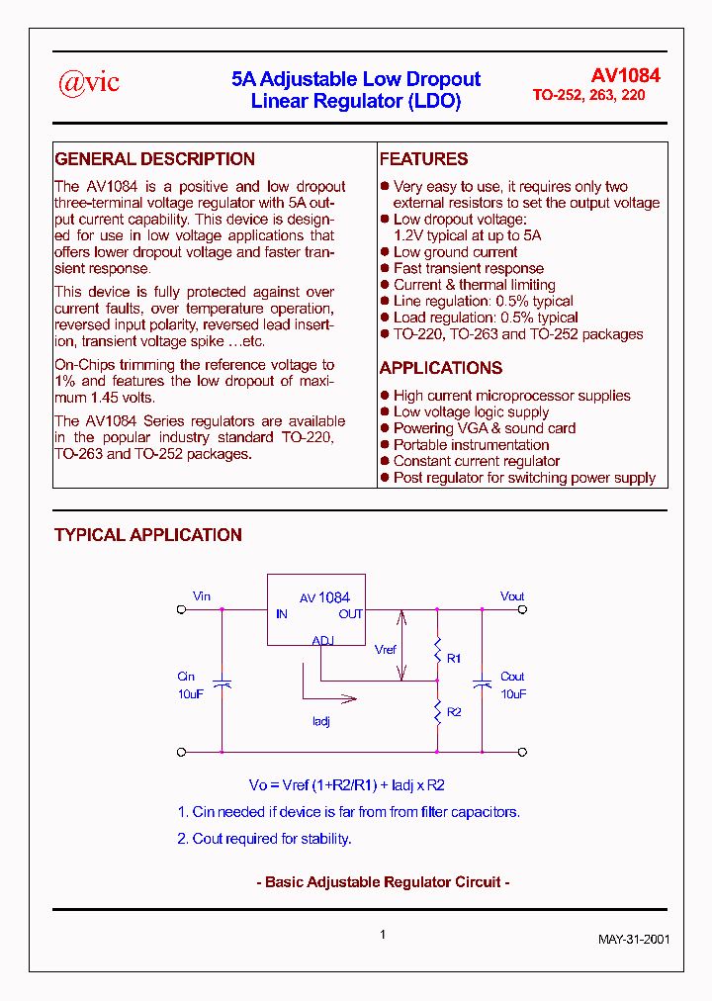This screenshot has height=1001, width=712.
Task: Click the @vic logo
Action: tap(89, 83)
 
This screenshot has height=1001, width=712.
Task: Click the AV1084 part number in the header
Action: tap(625, 76)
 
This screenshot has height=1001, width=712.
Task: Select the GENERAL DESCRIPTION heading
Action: tap(154, 159)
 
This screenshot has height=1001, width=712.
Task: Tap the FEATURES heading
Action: tap(423, 159)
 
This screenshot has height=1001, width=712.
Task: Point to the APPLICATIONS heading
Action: tap(440, 368)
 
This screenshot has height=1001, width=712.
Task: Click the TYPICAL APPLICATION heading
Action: tap(148, 535)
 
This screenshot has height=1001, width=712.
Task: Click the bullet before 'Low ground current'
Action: tap(385, 252)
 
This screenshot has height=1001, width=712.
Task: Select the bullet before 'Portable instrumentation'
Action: tap(385, 445)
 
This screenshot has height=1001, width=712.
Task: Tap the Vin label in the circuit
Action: tap(202, 596)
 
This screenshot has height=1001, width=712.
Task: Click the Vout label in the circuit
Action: tap(512, 596)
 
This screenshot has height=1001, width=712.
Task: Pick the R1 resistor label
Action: tap(454, 658)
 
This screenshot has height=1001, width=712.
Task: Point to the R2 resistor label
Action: tap(454, 712)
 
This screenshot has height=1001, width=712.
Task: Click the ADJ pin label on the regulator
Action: tap(323, 640)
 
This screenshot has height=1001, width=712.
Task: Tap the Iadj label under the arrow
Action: tap(320, 722)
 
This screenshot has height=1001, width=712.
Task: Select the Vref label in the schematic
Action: tap(386, 650)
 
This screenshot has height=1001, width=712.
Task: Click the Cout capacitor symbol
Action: tap(482, 682)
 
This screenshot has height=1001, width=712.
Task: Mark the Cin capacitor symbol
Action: tap(222, 682)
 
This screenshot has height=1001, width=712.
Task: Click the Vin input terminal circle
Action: tap(181, 610)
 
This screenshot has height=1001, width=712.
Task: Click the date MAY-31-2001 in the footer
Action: tap(634, 939)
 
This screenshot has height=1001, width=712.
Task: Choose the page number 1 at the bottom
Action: tap(382, 934)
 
